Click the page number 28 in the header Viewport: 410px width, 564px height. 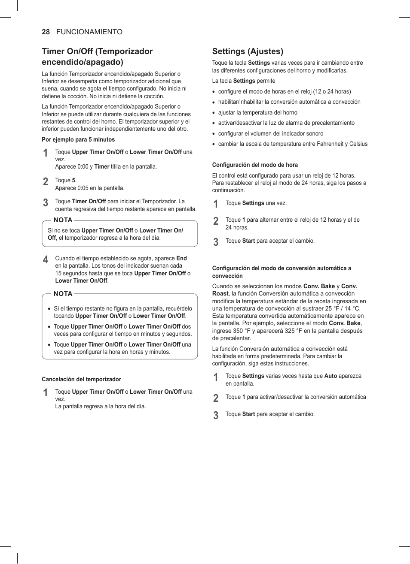point(46,32)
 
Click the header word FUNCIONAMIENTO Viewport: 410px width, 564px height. point(89,32)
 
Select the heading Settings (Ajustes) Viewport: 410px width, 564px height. point(248,51)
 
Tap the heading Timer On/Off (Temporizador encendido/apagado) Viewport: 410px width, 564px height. point(97,56)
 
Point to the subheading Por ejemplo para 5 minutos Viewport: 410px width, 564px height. point(78,139)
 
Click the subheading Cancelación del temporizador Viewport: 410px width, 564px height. point(81,379)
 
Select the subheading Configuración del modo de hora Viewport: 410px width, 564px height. point(255,165)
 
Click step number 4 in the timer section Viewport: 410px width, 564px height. point(46,260)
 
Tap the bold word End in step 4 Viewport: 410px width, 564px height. point(181,258)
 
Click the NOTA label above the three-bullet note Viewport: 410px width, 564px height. point(63,294)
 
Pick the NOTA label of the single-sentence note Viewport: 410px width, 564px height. point(63,220)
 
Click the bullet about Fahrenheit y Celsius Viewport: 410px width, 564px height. point(293,144)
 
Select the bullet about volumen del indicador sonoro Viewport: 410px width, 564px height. point(270,133)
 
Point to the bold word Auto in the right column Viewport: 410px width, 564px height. point(330,376)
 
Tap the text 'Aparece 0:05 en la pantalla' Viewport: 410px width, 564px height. point(90,188)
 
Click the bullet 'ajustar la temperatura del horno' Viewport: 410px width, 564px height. point(257,112)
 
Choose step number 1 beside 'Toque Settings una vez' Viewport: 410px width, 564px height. point(216,204)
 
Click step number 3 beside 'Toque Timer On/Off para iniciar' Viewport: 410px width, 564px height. point(46,202)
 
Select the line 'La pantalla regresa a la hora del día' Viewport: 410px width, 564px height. point(101,406)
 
